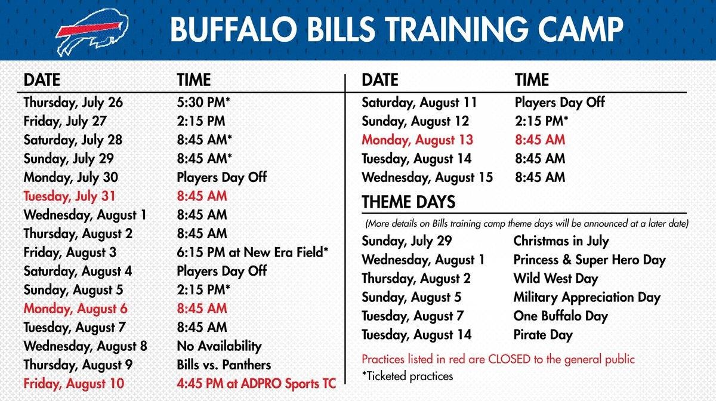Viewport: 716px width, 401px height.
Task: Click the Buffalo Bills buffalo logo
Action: pos(92,32)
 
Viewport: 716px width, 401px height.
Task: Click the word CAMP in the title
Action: pos(581,29)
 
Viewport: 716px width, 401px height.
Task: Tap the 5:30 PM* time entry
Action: pos(203,102)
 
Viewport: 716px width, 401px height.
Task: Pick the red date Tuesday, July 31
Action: pos(69,196)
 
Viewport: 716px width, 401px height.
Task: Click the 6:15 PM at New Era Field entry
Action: pos(252,252)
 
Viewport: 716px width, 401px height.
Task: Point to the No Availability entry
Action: pos(220,346)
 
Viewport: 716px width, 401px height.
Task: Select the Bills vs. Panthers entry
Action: pos(224,365)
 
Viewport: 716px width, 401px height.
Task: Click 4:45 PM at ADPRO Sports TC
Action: pos(257,384)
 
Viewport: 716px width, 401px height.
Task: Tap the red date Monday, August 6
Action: pos(75,309)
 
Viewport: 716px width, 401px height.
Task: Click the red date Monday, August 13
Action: pos(417,140)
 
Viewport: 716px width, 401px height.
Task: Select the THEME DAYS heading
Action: pos(409,202)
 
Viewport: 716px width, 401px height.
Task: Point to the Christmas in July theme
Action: pos(561,242)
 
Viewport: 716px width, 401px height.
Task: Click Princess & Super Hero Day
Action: pos(590,260)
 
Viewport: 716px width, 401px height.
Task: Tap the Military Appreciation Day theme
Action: pos(587,298)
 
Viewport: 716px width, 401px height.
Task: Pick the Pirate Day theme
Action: pos(543,335)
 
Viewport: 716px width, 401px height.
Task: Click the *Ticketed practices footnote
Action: pos(407,377)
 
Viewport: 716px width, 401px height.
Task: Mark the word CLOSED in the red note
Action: pos(510,359)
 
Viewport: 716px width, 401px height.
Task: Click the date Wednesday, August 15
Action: pos(427,178)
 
